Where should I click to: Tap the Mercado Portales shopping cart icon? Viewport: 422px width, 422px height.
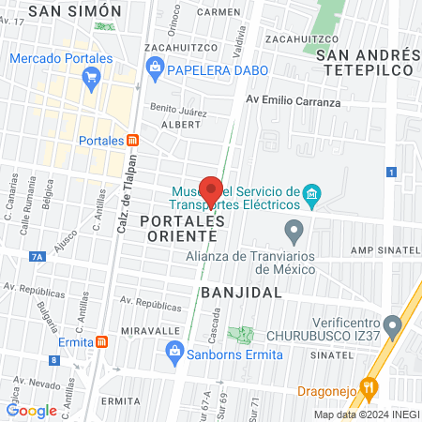pos(91,79)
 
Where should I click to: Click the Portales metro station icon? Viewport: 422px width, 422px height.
pos(133,141)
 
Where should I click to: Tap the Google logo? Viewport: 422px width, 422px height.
pos(32,410)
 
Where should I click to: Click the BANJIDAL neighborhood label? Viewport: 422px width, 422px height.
pos(241,293)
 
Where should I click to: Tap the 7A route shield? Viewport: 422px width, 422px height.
pos(38,254)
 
